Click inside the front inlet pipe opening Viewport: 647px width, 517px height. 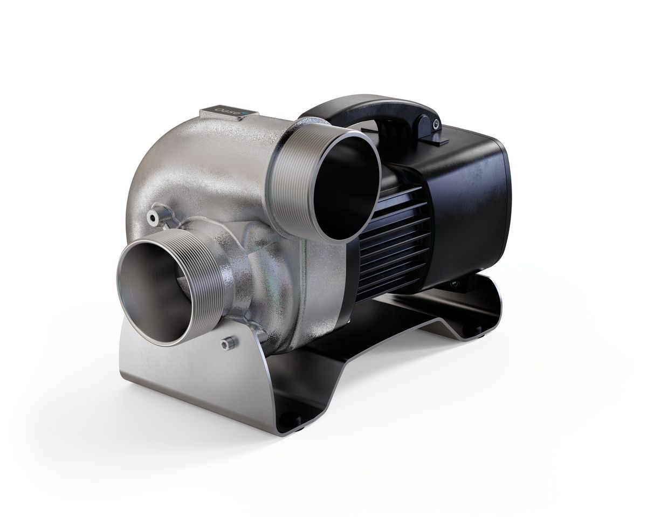[x=154, y=291]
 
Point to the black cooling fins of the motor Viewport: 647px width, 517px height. [x=396, y=237]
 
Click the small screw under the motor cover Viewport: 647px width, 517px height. [x=455, y=281]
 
